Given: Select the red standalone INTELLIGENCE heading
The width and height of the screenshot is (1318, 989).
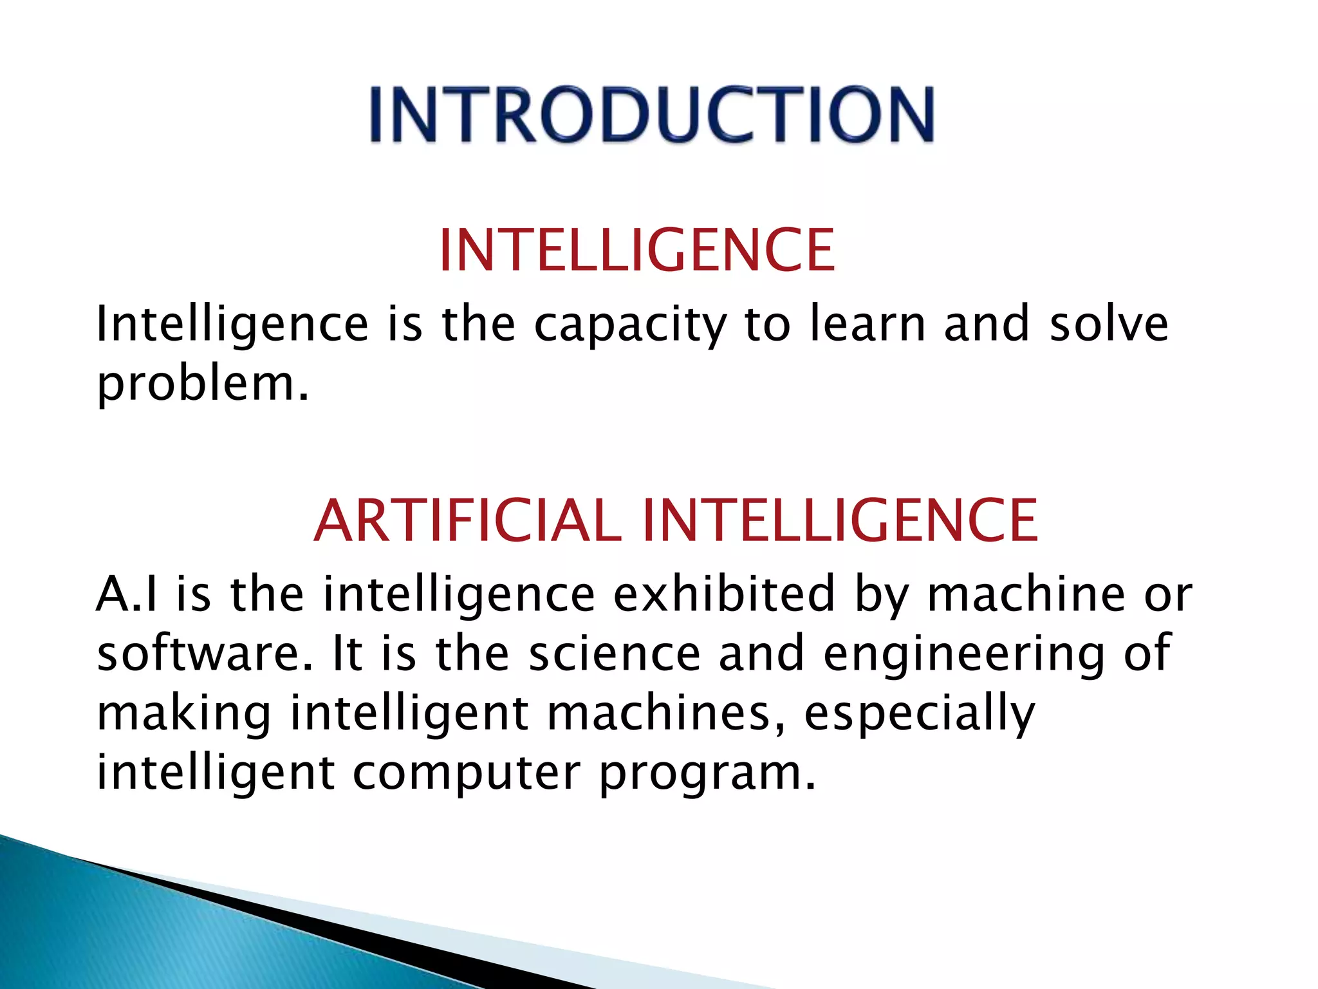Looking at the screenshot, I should click(636, 250).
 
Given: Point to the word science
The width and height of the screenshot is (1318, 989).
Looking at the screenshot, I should click(614, 653).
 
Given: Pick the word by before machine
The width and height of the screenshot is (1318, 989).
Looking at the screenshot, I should click(881, 595).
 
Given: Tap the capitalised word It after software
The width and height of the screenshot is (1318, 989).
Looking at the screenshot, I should click(347, 653).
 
